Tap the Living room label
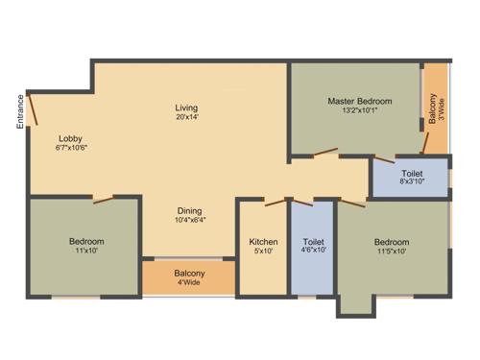point(186,107)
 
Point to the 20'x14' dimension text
point(186,118)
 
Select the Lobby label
point(70,137)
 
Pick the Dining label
point(189,210)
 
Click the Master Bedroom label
point(360,101)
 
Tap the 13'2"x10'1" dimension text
point(360,111)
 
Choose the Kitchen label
point(263,242)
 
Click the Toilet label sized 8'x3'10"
point(412,174)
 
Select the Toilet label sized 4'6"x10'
point(314,242)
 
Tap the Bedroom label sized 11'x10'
point(86,241)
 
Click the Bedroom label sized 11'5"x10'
point(392,242)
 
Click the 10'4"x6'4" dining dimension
point(189,222)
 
